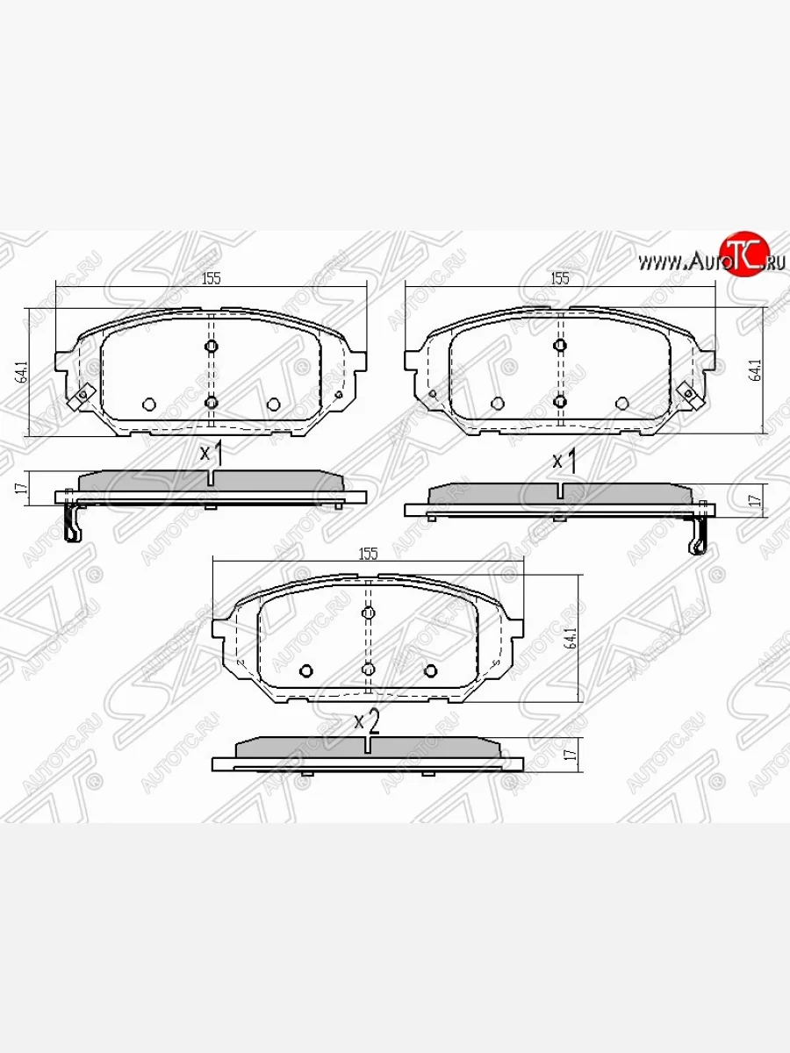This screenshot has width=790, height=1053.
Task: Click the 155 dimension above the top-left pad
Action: pos(211,279)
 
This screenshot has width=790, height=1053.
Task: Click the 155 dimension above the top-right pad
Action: pos(560,279)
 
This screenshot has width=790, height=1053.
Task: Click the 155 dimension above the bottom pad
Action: pos(368,554)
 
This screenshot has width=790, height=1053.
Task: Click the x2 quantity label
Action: pos(366,722)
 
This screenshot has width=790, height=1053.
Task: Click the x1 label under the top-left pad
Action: pos(212,454)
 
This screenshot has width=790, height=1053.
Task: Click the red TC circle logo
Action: pos(743,255)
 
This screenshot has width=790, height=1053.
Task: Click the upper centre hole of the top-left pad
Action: pos(211,346)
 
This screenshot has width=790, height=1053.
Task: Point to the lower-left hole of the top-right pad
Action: pos(497,404)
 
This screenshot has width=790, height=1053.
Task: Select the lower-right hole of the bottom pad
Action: pos(430,671)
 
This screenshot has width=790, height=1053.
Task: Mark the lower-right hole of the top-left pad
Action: pos(273,404)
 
